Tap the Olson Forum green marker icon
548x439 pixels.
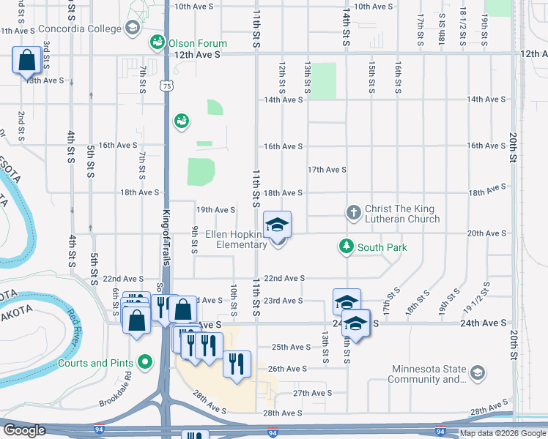tap(156, 42)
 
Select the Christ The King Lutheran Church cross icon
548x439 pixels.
tap(353, 213)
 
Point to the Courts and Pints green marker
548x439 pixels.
tap(145, 362)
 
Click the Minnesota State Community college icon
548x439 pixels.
tap(477, 373)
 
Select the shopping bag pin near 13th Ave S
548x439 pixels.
tap(26, 61)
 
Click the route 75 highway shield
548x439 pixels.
tap(169, 86)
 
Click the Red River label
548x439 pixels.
tap(75, 327)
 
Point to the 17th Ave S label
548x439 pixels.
tap(327, 170)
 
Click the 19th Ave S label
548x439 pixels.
tap(215, 210)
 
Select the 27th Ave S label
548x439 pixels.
tap(313, 393)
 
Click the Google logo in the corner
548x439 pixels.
tap(24, 430)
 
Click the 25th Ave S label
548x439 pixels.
tap(291, 348)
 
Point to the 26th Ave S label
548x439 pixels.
tap(286, 369)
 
